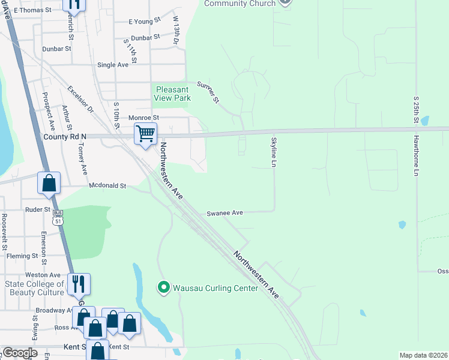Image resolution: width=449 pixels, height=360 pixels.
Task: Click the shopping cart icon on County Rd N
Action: click(146, 134)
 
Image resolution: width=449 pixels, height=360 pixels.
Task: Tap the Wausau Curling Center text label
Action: click(215, 288)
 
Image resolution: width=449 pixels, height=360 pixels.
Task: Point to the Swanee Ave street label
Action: click(224, 213)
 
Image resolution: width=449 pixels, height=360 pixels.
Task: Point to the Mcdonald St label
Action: click(107, 186)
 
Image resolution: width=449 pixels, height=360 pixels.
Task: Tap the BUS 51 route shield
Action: click(58, 216)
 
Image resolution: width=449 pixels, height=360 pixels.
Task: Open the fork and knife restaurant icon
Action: click(79, 283)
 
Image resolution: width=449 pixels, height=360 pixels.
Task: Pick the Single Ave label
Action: click(113, 65)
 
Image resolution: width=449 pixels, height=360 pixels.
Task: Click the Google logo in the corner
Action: click(19, 352)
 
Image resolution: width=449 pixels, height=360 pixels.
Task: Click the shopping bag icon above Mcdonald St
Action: click(49, 182)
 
